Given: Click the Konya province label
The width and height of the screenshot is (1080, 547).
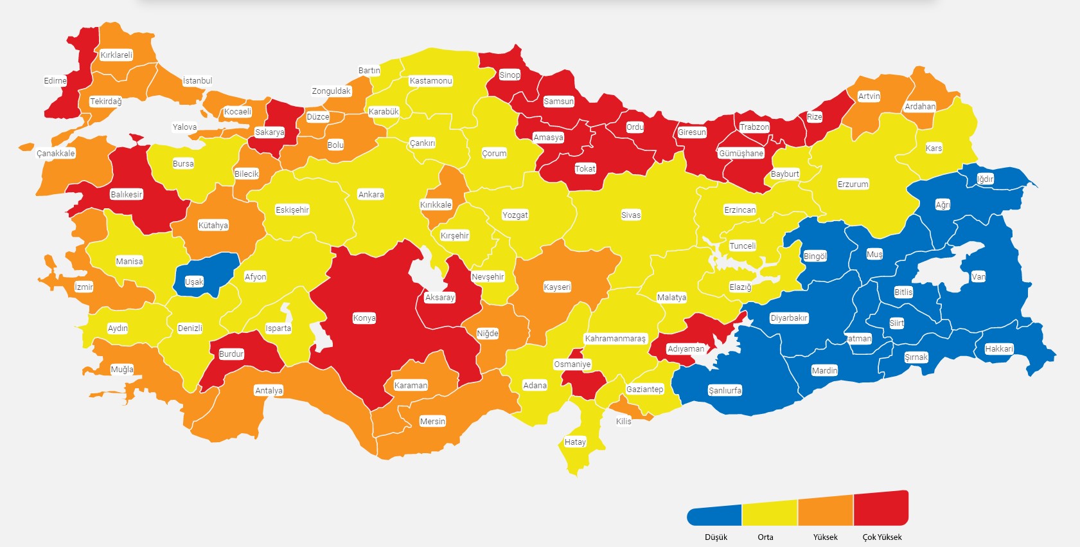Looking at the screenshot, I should click(x=364, y=318).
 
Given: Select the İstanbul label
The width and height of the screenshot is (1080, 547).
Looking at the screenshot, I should click(x=197, y=81).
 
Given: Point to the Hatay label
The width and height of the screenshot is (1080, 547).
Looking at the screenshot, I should click(x=575, y=442).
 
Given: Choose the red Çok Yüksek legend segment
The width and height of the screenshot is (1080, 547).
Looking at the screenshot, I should click(x=881, y=509).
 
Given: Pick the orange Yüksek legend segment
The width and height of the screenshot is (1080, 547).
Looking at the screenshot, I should click(x=826, y=512).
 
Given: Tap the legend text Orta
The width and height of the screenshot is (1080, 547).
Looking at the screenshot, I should click(x=765, y=537).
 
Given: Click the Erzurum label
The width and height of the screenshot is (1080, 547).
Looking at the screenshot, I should click(x=853, y=184).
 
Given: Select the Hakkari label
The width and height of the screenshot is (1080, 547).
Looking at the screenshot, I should click(x=999, y=349).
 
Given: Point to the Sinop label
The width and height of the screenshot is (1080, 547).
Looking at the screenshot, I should click(x=509, y=75).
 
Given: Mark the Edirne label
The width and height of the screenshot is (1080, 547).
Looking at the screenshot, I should click(x=55, y=81).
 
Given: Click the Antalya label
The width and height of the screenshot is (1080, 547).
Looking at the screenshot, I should click(x=269, y=391).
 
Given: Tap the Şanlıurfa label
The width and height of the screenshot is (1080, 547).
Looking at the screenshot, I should click(x=725, y=391).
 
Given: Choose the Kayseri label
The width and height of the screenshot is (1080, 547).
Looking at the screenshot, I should click(x=557, y=287).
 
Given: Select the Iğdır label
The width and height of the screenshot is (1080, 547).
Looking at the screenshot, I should click(x=985, y=179).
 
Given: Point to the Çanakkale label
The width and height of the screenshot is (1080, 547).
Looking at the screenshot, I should click(x=56, y=154).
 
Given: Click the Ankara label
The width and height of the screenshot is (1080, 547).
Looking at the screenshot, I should click(x=371, y=195).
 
